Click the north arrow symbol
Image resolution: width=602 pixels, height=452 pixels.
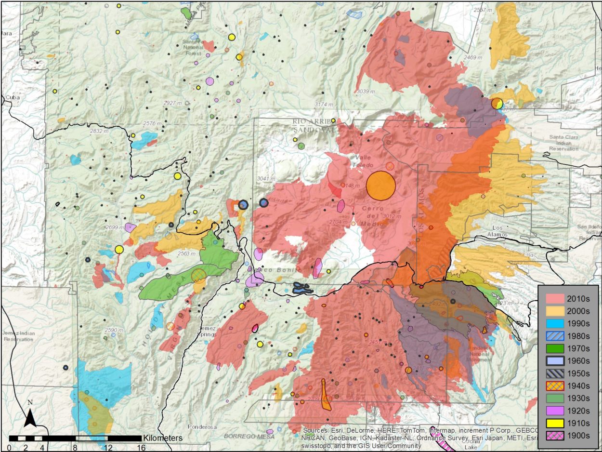pyautogui.click(x=30, y=415)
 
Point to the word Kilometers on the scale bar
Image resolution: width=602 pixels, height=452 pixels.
pyautogui.click(x=162, y=438)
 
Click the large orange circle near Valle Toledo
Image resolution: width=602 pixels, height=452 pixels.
pyautogui.click(x=380, y=186)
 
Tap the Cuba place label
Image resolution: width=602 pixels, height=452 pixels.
pyautogui.click(x=9, y=97)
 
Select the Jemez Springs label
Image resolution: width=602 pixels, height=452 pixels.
pyautogui.click(x=207, y=331)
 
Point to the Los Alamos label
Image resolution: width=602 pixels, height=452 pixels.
pyautogui.click(x=497, y=231)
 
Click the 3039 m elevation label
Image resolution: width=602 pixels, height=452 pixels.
pyautogui.click(x=366, y=91)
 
